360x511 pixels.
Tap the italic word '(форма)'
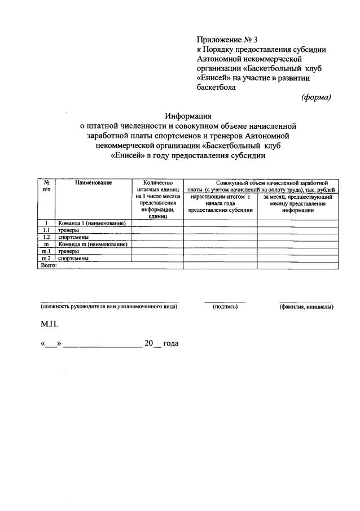317,97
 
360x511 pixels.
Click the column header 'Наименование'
94,182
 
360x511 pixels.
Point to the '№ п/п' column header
47,186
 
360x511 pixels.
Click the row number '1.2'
47,238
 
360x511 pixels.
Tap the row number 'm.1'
47,251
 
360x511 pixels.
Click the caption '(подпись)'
225,307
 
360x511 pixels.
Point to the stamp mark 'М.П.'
49,325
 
